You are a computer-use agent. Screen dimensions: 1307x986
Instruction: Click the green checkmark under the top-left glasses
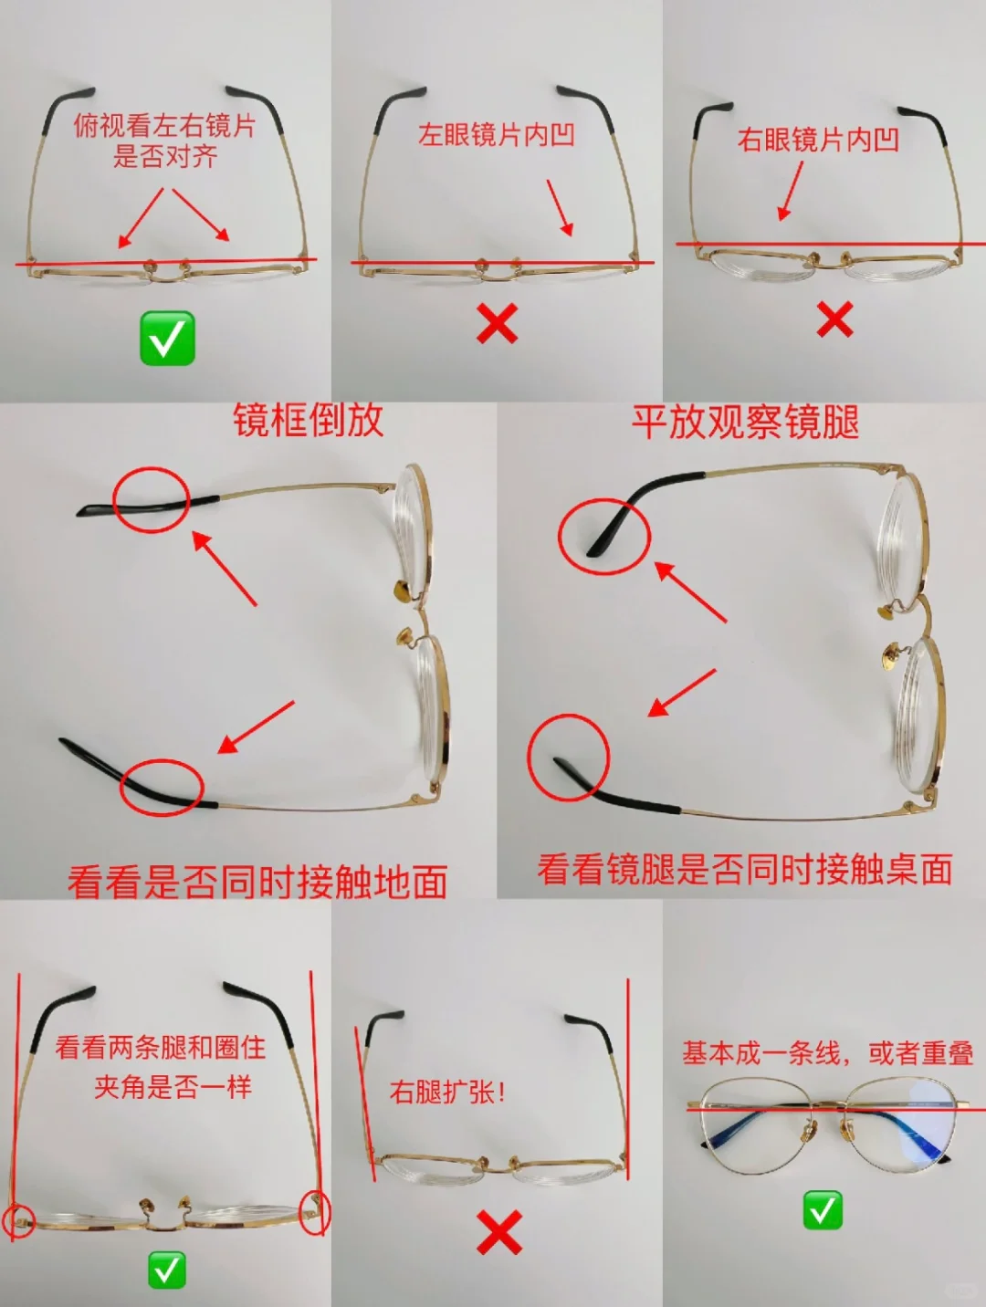pos(167,338)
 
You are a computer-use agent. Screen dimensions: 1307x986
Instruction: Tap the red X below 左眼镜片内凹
pos(498,323)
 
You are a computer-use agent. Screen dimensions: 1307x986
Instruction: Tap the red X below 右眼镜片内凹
pos(834,319)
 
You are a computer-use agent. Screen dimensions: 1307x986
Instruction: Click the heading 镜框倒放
pos(308,421)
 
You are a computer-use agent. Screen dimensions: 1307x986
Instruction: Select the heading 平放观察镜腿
pos(745,423)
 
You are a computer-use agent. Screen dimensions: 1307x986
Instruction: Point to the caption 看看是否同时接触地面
pos(257,882)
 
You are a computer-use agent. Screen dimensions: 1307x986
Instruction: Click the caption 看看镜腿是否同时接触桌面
pos(745,869)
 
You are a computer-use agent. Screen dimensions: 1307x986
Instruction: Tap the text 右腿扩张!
pos(447,1092)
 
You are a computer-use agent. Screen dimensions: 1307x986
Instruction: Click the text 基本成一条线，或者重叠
pos(827,1053)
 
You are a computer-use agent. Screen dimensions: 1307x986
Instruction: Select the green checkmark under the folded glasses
pos(823,1210)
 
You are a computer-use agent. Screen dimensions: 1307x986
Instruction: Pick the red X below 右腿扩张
pos(499,1232)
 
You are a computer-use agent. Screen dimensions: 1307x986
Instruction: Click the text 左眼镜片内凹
pos(497,135)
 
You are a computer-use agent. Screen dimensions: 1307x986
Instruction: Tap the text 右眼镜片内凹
pos(818,140)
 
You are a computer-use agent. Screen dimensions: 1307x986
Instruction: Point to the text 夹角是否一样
pos(173,1087)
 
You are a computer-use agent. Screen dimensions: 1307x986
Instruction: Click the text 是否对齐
pos(165,156)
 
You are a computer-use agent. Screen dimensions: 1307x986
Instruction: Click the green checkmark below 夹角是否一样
pos(167,1270)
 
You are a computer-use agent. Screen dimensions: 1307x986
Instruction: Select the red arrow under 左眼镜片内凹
pos(560,208)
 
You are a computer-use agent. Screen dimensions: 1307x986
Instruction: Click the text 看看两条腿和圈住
pos(161,1047)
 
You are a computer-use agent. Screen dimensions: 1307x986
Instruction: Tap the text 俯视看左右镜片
pos(165,125)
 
